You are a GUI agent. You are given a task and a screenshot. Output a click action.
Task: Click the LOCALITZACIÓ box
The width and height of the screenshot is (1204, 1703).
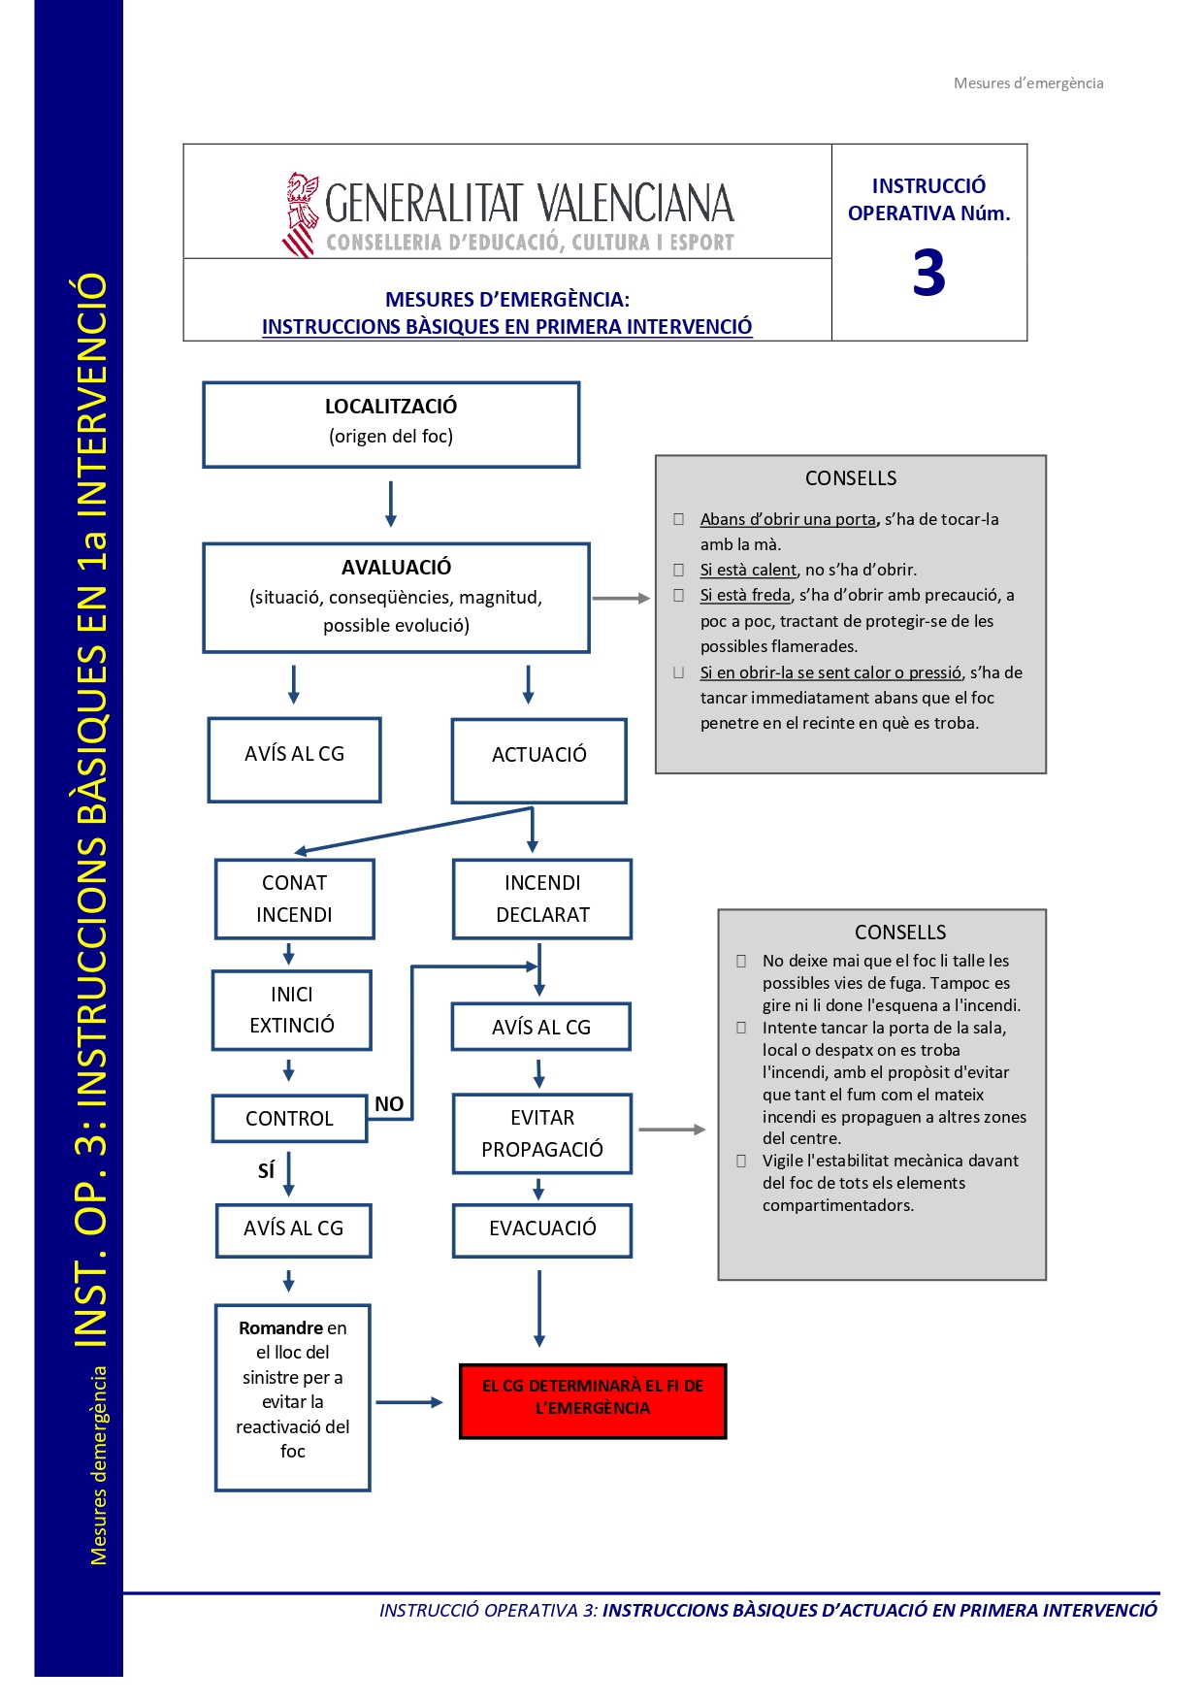(x=391, y=424)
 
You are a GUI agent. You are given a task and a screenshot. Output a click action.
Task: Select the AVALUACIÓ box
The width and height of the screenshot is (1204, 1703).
(x=396, y=597)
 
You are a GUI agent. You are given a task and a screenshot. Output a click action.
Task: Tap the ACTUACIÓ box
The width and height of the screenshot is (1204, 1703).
(x=538, y=760)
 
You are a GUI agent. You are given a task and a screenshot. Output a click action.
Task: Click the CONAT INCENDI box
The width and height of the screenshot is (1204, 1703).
(x=294, y=899)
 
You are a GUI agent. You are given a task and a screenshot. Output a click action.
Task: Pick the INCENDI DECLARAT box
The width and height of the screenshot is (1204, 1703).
(x=542, y=899)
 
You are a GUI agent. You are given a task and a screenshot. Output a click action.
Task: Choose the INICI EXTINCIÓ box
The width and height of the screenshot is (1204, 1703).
(x=291, y=1010)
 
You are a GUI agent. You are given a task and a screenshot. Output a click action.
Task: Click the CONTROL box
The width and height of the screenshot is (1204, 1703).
(x=289, y=1118)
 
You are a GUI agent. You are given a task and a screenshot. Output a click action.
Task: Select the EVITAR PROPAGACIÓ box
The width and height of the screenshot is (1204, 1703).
(x=541, y=1133)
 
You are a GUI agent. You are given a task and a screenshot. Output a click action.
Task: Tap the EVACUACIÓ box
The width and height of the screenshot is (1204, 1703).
(x=542, y=1228)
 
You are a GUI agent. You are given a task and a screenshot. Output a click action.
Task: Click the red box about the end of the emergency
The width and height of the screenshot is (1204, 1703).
(x=593, y=1400)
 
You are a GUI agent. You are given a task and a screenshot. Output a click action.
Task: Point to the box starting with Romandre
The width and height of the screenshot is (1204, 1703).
(x=292, y=1396)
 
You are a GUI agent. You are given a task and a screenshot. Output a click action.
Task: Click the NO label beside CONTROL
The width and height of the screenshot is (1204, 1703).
(x=389, y=1103)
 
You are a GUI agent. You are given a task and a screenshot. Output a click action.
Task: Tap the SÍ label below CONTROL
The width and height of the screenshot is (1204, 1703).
(x=266, y=1170)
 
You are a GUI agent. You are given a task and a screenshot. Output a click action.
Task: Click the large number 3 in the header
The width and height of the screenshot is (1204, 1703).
(x=928, y=274)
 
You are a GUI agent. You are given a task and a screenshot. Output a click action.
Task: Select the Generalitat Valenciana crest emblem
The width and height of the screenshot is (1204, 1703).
(x=301, y=214)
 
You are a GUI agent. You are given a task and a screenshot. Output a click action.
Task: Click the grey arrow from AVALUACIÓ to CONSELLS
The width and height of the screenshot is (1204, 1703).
(x=621, y=599)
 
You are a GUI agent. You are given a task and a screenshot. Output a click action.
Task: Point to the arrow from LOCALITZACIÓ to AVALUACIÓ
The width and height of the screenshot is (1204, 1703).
(x=391, y=504)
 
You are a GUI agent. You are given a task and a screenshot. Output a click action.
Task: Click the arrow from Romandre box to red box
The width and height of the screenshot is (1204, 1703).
(x=408, y=1402)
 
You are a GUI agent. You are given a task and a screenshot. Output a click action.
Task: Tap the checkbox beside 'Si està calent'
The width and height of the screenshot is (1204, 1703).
(x=679, y=570)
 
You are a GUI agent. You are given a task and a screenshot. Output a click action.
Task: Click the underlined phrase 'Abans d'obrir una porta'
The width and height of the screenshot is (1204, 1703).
(x=788, y=519)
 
